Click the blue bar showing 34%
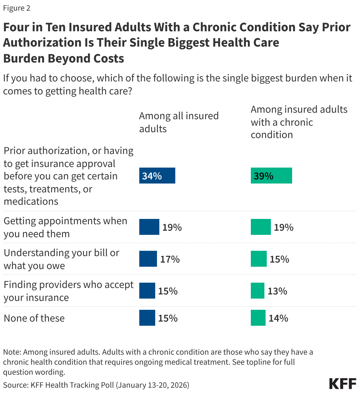click(x=157, y=176)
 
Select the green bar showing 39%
click(x=271, y=176)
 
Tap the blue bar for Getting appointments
click(x=149, y=227)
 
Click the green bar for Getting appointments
click(x=261, y=227)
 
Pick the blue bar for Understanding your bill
click(x=148, y=259)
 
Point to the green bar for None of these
click(x=258, y=318)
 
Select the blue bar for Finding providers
click(x=147, y=291)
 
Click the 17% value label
click(x=170, y=259)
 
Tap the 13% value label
click(x=277, y=291)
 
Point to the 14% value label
click(x=278, y=318)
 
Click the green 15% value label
click(x=279, y=259)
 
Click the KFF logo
click(x=343, y=384)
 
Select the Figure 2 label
click(x=17, y=8)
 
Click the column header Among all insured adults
click(x=179, y=122)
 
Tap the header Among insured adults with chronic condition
click(x=299, y=122)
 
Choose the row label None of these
click(x=34, y=318)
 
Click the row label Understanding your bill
click(x=61, y=259)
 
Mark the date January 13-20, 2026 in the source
click(x=152, y=385)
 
